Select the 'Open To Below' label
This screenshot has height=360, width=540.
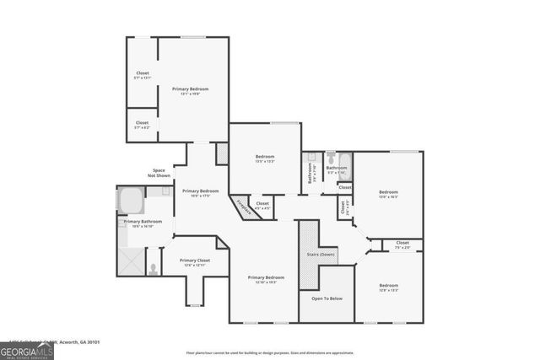pos(327,298)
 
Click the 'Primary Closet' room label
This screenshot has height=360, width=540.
pos(195,262)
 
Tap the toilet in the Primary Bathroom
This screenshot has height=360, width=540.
pos(153,269)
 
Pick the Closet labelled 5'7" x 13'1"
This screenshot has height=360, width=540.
pos(143,75)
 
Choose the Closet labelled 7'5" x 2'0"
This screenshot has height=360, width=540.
pos(402,244)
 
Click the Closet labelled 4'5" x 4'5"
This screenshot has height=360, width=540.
pos(262,205)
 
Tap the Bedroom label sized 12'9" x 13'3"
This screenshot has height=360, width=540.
pos(388,287)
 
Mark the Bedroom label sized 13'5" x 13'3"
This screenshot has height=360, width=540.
pos(265,159)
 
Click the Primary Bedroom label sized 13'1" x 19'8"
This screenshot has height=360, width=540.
pos(190,90)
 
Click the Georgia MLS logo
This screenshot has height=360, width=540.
pos(27,347)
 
